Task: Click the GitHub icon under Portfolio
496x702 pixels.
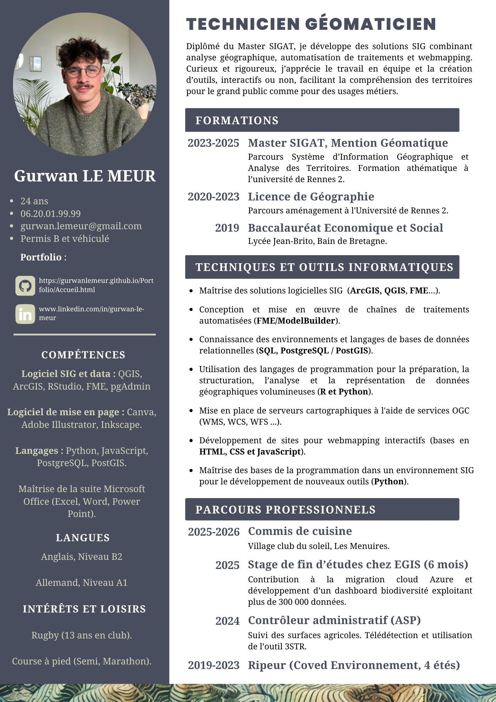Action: click(25, 285)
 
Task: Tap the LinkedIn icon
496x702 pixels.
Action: click(25, 314)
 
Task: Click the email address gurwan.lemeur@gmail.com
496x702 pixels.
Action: click(81, 226)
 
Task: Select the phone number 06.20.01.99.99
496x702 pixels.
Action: click(51, 213)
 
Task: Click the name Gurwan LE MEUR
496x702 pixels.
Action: click(85, 176)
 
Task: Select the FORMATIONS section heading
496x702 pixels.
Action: click(237, 120)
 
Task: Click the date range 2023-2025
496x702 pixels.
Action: click(213, 143)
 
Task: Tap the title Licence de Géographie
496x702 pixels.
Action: click(311, 197)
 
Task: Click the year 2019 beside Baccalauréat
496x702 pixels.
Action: click(227, 228)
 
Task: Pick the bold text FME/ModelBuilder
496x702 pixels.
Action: click(296, 321)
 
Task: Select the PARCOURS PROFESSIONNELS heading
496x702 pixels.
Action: click(285, 510)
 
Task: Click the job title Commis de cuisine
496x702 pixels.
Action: click(300, 531)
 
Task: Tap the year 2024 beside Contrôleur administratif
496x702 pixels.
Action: click(227, 621)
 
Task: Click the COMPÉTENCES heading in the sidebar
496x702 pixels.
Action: click(83, 355)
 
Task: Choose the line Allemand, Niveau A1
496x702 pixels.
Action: click(81, 583)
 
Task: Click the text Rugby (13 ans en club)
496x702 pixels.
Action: click(81, 635)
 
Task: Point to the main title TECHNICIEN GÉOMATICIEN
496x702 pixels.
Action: click(311, 24)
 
